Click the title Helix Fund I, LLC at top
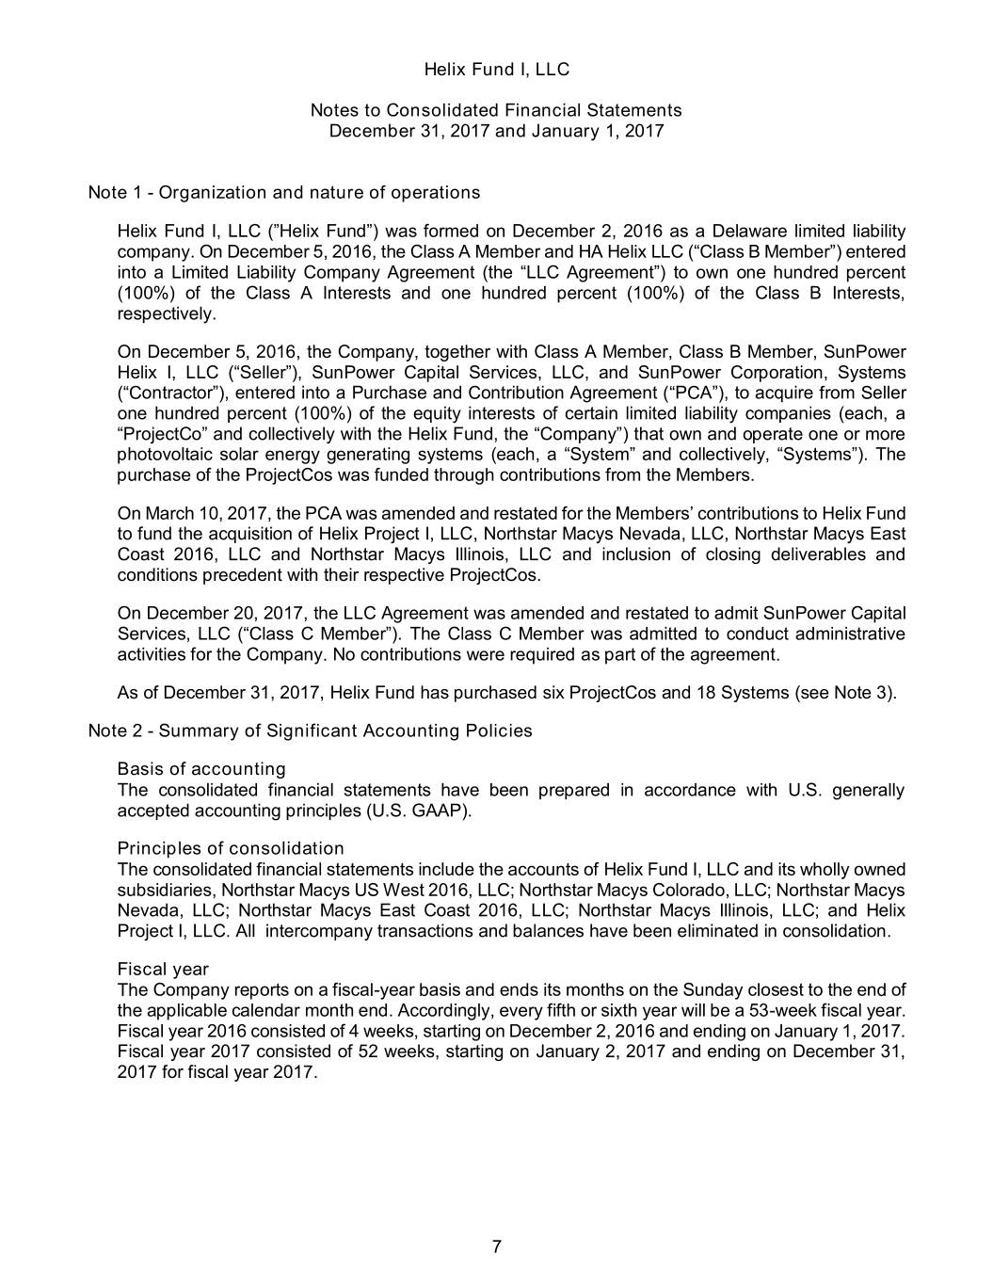click(496, 70)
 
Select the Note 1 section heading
click(283, 193)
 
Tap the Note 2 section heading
click(310, 731)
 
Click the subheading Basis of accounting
click(201, 770)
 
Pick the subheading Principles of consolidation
click(231, 849)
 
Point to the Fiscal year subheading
click(163, 970)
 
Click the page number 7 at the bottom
click(496, 1248)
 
